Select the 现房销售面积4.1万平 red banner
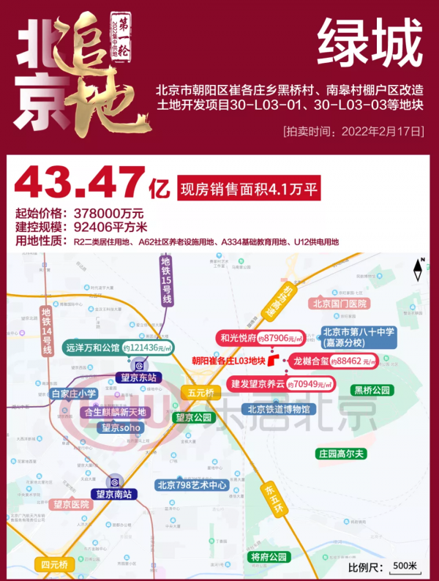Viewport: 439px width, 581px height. tap(250, 190)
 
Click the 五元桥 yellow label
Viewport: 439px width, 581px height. tap(200, 393)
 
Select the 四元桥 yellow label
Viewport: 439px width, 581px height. tap(54, 565)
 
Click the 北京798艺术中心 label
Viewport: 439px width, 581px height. tap(192, 484)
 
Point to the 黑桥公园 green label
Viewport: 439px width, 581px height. tap(372, 389)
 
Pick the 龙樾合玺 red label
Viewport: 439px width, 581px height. tap(310, 361)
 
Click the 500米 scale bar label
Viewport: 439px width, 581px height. tap(404, 566)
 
